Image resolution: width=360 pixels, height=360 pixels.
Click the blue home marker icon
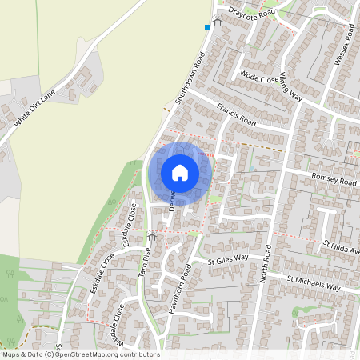coord(180,172)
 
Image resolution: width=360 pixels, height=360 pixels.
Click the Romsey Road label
coord(333,182)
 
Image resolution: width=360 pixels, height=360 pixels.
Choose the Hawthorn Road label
coord(179,287)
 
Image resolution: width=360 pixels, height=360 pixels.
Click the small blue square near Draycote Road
coord(207,27)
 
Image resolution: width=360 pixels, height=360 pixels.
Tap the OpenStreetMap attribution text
coord(80,354)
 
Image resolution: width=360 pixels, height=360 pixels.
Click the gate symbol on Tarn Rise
coord(153,236)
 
